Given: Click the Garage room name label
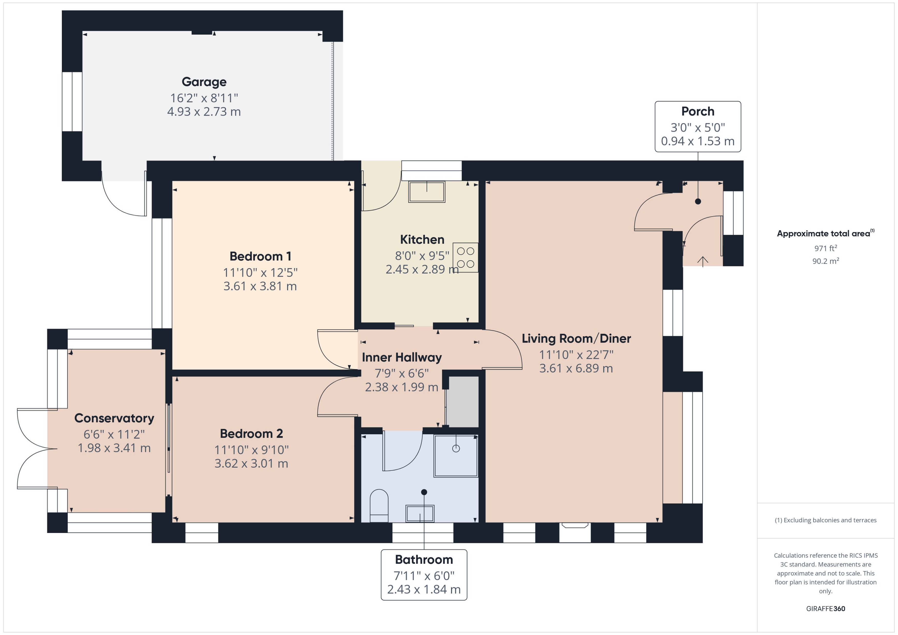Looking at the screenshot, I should (x=204, y=82).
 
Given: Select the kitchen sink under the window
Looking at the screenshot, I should (x=426, y=191).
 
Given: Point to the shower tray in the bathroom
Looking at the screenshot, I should (x=456, y=456).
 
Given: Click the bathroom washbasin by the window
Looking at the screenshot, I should (x=420, y=513).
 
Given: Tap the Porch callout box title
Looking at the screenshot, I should (x=697, y=112).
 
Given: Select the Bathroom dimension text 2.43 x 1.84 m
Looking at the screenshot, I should (x=424, y=589).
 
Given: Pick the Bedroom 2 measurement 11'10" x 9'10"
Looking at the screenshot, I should (x=251, y=450).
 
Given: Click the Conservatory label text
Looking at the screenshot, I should (x=114, y=418).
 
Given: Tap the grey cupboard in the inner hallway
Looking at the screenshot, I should (x=463, y=401).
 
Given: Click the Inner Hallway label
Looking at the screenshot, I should (x=402, y=357).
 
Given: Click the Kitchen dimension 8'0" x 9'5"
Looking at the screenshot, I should (x=422, y=256).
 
